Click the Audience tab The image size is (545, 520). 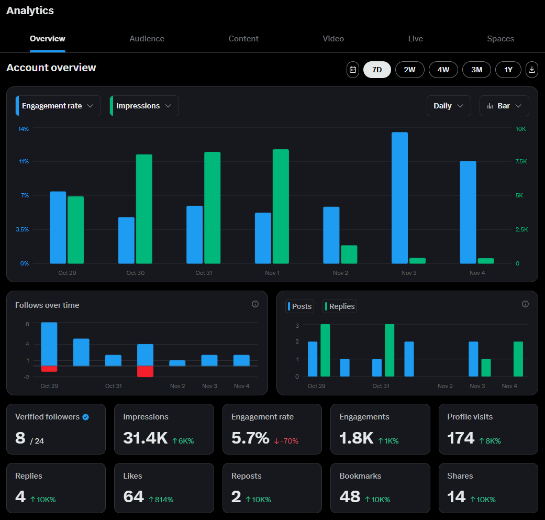147,39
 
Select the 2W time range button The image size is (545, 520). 409,70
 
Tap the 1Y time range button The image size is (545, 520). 508,70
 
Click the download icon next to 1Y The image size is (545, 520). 531,70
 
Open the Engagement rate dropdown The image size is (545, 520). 58,106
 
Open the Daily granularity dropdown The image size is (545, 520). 448,106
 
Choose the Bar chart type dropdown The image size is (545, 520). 504,106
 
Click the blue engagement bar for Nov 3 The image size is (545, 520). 399,198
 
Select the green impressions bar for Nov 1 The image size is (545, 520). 281,206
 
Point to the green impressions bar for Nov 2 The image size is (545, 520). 349,255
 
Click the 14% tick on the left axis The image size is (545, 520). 24,129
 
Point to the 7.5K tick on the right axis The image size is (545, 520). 521,162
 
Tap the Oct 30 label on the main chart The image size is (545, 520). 135,273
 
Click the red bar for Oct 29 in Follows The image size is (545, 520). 49,369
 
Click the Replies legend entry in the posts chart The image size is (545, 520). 340,306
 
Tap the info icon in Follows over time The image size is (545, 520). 255,304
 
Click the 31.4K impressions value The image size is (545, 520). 146,438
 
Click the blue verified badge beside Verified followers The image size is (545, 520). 86,417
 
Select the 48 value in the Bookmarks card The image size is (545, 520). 350,496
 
